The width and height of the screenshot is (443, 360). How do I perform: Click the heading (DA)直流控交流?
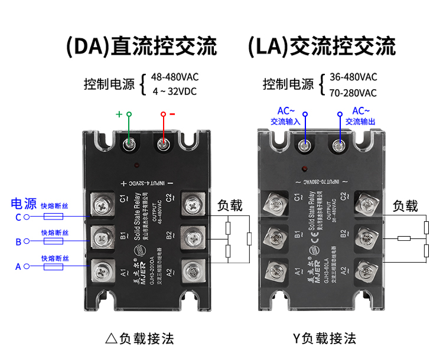[141, 46]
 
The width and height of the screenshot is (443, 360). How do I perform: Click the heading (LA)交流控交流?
[321, 46]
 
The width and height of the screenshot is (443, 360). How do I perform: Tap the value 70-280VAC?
[353, 93]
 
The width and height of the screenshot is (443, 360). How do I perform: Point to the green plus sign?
[119, 114]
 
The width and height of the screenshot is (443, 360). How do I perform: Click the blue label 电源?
[24, 204]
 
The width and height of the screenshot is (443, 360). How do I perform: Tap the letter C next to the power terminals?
[18, 217]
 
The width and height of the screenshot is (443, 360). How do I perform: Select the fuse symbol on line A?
[54, 267]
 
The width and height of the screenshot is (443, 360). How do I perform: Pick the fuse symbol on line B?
[54, 241]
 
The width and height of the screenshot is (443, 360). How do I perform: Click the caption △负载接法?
[139, 339]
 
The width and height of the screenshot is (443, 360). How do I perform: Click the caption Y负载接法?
[324, 339]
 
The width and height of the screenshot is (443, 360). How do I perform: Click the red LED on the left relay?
[138, 166]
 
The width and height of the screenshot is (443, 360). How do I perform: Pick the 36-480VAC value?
[353, 77]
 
